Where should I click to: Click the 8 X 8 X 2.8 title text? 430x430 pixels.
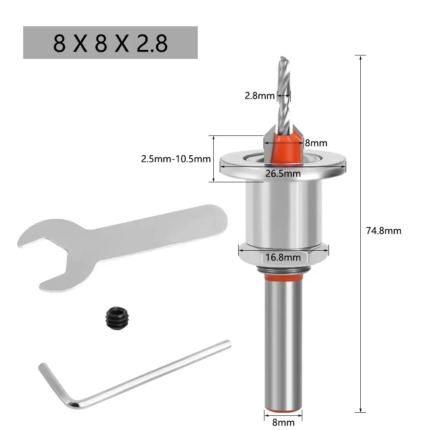point(110,43)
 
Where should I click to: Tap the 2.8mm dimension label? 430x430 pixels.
point(259,95)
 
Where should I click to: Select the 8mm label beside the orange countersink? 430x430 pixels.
point(316,143)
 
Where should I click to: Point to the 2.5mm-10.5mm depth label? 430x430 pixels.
point(175,159)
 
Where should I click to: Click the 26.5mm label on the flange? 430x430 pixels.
point(283,173)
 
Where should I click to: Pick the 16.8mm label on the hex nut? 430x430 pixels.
point(283,257)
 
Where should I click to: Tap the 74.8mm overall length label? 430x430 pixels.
point(383,231)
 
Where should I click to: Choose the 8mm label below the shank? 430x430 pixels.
point(283,422)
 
